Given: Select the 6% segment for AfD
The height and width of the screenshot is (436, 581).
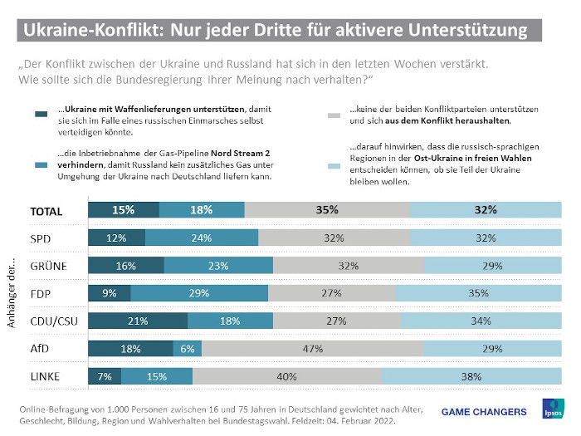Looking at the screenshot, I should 188,349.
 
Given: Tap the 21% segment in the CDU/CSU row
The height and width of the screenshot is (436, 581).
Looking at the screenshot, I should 138,321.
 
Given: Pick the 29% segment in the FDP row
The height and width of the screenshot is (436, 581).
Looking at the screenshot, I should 199,292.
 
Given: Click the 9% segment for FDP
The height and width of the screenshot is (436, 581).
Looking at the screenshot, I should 110,292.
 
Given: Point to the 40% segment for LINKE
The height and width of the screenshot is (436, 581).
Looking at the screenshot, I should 287,377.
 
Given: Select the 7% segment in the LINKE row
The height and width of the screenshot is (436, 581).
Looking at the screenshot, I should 105,377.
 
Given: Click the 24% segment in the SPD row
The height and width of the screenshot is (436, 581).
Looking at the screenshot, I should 202,238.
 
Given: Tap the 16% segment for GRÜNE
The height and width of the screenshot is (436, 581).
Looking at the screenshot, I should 126,265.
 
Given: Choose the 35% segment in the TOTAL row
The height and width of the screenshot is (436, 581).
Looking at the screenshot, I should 327,210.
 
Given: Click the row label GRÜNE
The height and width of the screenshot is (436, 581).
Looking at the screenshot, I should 48,266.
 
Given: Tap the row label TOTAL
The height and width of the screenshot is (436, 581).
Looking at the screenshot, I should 46,211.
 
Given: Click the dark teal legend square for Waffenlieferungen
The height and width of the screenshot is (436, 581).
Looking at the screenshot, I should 41,115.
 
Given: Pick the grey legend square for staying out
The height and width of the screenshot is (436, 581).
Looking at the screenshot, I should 335,115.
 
